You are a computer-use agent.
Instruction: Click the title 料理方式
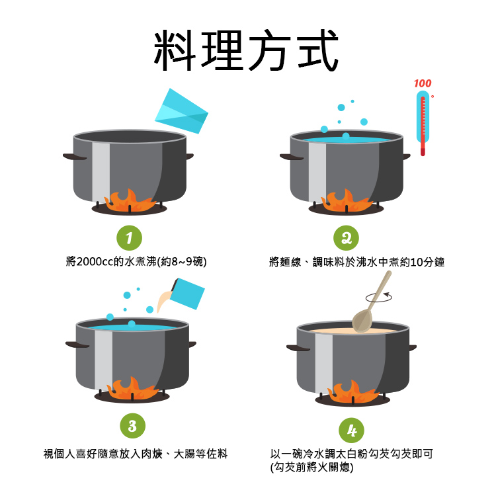coord(247,50)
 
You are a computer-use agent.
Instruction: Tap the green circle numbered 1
coord(129,236)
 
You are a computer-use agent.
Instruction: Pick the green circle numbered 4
coord(351,431)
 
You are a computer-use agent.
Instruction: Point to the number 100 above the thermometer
coord(423,83)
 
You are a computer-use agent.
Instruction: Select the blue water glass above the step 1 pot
coord(182,112)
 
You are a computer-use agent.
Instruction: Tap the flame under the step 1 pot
coord(130,199)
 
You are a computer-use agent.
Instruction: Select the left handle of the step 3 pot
coord(76,345)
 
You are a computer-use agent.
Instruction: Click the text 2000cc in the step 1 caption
coord(96,262)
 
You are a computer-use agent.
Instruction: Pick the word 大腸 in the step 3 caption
coord(185,454)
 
